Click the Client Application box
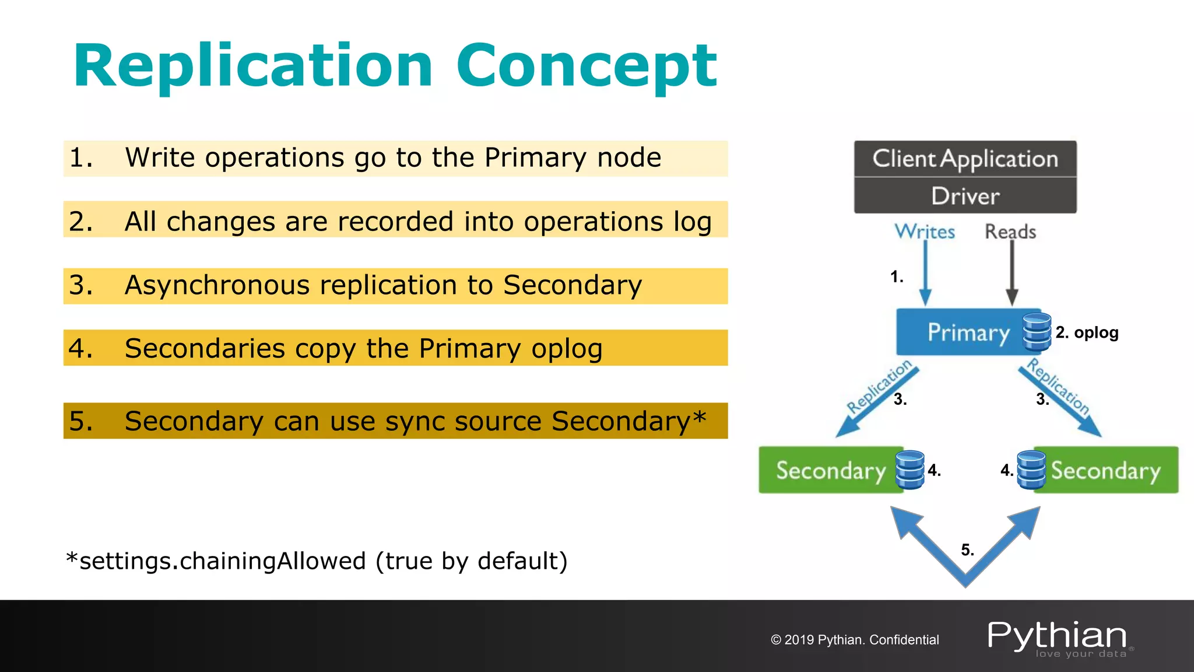[x=965, y=159]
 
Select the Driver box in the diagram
[x=965, y=196]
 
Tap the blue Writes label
[x=925, y=232]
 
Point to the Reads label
[x=1010, y=232]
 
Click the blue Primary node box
[x=962, y=332]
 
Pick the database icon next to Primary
[x=1037, y=332]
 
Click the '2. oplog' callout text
[x=1087, y=332]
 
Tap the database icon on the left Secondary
[x=909, y=470]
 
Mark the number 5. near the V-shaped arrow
[x=967, y=549]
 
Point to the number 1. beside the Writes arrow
[x=897, y=276]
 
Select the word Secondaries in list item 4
[x=205, y=348]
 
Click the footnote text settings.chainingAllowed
[x=222, y=561]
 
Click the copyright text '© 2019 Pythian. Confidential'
[x=855, y=640]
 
